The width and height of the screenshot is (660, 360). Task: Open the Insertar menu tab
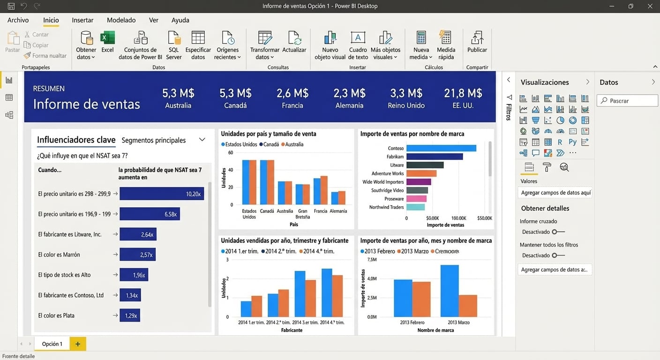(x=82, y=20)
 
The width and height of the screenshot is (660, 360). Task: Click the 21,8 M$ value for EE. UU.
(x=463, y=93)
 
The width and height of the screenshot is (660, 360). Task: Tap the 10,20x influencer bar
(x=162, y=194)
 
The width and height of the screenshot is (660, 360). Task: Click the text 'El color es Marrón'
(x=59, y=255)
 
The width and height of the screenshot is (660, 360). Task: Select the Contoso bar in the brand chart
(x=441, y=148)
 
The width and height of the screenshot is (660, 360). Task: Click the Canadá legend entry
(x=271, y=144)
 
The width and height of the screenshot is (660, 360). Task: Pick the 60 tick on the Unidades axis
(x=230, y=153)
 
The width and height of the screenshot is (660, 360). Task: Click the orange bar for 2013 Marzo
(x=468, y=306)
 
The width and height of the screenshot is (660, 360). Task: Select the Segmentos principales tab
(x=154, y=140)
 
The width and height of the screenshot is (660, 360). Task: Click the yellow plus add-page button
(x=78, y=344)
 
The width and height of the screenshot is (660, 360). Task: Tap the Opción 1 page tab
(x=52, y=344)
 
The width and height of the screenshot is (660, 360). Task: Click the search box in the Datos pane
(x=627, y=101)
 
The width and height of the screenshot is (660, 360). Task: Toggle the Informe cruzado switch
(x=558, y=232)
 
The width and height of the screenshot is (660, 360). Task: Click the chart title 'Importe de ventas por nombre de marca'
(x=412, y=134)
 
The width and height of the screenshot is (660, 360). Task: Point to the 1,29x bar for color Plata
(x=130, y=315)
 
